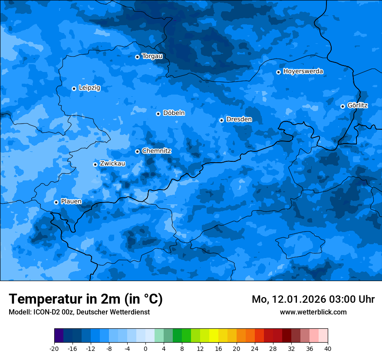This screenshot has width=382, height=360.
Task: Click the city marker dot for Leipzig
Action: point(74,88)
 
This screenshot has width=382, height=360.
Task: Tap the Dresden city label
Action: point(239,119)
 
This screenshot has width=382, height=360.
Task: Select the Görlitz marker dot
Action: point(342,106)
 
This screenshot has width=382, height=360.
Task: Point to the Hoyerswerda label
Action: point(303,72)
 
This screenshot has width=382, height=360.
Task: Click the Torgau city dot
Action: point(137,57)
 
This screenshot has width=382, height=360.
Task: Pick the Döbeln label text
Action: point(174,113)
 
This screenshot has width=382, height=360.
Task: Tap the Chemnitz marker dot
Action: point(137,151)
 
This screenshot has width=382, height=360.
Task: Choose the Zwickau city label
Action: point(112,164)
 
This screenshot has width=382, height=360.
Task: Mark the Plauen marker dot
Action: point(56,202)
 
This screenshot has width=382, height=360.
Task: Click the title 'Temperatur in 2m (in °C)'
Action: point(86,299)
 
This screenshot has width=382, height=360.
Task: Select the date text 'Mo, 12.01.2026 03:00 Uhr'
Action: point(313,299)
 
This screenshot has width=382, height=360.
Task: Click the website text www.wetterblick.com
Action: point(313,312)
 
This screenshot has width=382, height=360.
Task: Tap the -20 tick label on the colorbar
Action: point(54,348)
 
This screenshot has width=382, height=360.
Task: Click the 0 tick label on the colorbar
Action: point(145,348)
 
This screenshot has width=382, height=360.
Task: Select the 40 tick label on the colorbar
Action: point(328,348)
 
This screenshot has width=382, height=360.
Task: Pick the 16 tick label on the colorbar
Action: point(218,348)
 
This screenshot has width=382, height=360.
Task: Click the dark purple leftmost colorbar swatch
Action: point(59,336)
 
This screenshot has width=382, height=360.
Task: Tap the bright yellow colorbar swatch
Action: point(214,336)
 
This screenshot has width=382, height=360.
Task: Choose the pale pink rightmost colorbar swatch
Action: point(323,336)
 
